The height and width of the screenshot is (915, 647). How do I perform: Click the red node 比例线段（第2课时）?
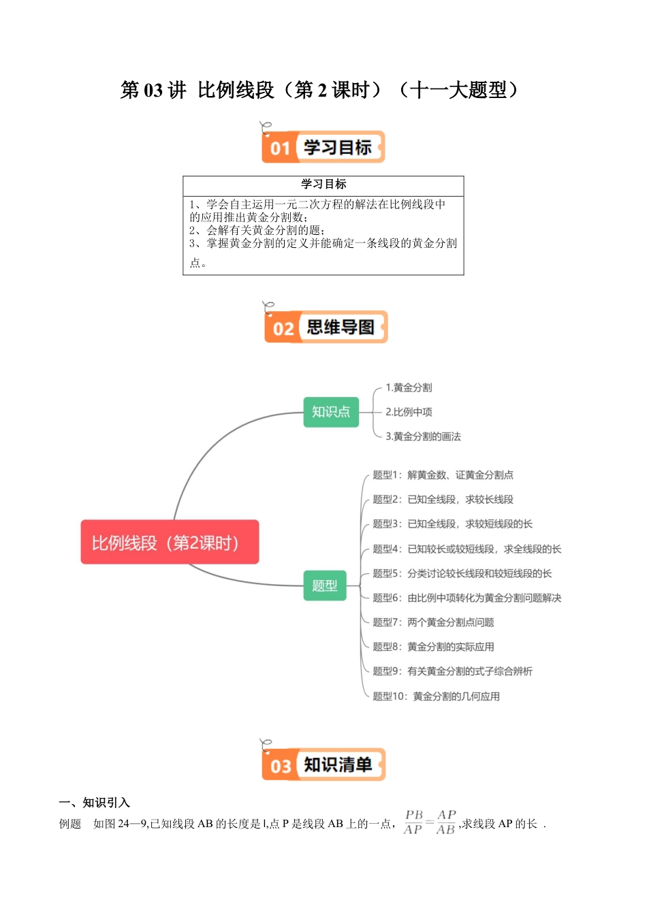pos(170,543)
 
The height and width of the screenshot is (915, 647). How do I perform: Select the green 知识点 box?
pos(331,412)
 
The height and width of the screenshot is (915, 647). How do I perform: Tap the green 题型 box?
pos(325,585)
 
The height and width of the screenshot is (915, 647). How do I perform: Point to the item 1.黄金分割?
pos(409,387)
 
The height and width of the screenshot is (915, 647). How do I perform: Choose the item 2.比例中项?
pos(409,412)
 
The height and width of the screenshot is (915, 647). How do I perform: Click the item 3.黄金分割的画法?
pos(423,436)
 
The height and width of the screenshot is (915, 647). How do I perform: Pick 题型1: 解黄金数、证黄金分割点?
pos(443,475)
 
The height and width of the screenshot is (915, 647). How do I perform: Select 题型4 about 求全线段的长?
pos(467,549)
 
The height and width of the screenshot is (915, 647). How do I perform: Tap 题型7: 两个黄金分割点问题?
pos(433,622)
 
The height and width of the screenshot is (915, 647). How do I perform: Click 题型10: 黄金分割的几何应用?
pos(436,696)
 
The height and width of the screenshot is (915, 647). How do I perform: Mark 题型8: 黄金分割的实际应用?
pos(433,647)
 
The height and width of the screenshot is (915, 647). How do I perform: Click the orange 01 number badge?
pos(280,148)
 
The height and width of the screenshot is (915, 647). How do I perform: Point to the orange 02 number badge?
pos(283,329)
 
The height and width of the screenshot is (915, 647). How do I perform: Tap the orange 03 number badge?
pos(281,766)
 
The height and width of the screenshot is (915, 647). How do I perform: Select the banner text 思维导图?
pos(341,327)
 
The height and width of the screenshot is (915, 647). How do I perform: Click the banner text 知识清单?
pos(338,765)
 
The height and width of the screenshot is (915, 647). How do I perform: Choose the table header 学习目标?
pos(323,184)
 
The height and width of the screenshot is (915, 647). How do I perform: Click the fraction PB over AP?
pos(413,822)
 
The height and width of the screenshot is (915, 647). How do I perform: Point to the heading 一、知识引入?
pos(95,803)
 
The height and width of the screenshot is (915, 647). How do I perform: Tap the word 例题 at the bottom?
pos(70,824)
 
